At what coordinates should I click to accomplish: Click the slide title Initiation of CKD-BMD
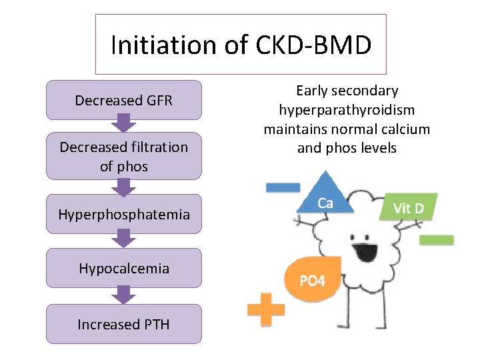click(241, 45)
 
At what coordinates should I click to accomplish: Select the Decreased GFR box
click(124, 100)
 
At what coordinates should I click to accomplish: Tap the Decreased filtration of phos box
click(124, 156)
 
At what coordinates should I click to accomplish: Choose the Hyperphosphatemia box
click(124, 214)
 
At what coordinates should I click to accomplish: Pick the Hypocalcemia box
click(124, 268)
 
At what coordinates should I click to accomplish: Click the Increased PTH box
click(124, 324)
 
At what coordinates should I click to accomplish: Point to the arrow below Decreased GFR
click(123, 123)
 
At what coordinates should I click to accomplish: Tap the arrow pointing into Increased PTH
click(123, 294)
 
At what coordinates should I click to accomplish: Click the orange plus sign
click(265, 309)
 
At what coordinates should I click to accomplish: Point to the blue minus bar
click(283, 187)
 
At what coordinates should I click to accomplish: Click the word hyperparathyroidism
click(347, 109)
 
